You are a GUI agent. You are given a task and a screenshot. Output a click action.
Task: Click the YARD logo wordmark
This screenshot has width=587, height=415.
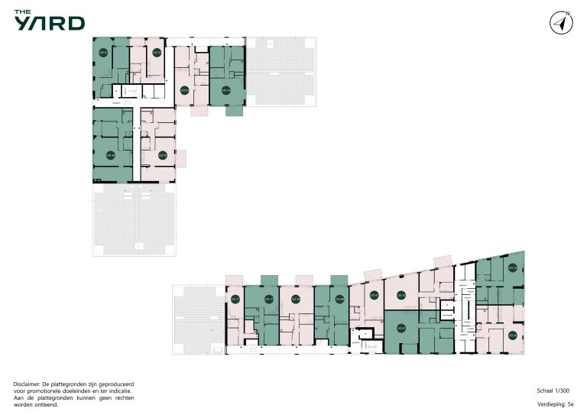pos(49,24)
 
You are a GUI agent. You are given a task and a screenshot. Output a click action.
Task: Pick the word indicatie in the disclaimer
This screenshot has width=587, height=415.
pos(127,390)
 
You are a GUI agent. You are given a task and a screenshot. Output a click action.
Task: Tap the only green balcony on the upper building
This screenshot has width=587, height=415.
pos(235,111)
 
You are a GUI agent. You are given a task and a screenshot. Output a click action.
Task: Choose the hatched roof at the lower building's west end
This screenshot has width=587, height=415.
pos(198,321)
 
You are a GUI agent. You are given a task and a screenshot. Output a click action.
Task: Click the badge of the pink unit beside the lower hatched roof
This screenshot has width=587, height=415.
pos(235,300)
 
